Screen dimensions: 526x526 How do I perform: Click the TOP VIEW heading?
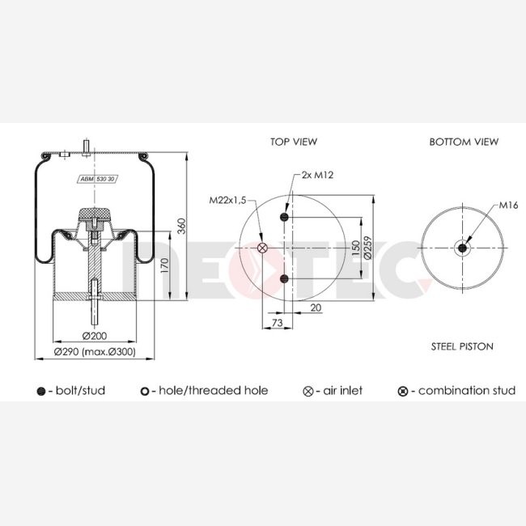[294, 142]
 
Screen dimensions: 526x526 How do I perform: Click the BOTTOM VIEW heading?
[464, 142]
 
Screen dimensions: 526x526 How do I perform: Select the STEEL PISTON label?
[462, 346]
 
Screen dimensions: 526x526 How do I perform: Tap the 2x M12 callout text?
[317, 175]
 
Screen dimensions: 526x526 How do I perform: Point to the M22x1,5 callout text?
[227, 200]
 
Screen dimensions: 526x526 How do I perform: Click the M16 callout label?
[508, 205]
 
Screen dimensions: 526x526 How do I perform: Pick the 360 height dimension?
[181, 226]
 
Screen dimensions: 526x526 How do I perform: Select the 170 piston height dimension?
[164, 265]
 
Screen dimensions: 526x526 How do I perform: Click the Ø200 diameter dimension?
[94, 336]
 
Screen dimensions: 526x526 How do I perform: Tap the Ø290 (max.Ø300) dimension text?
[95, 351]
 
